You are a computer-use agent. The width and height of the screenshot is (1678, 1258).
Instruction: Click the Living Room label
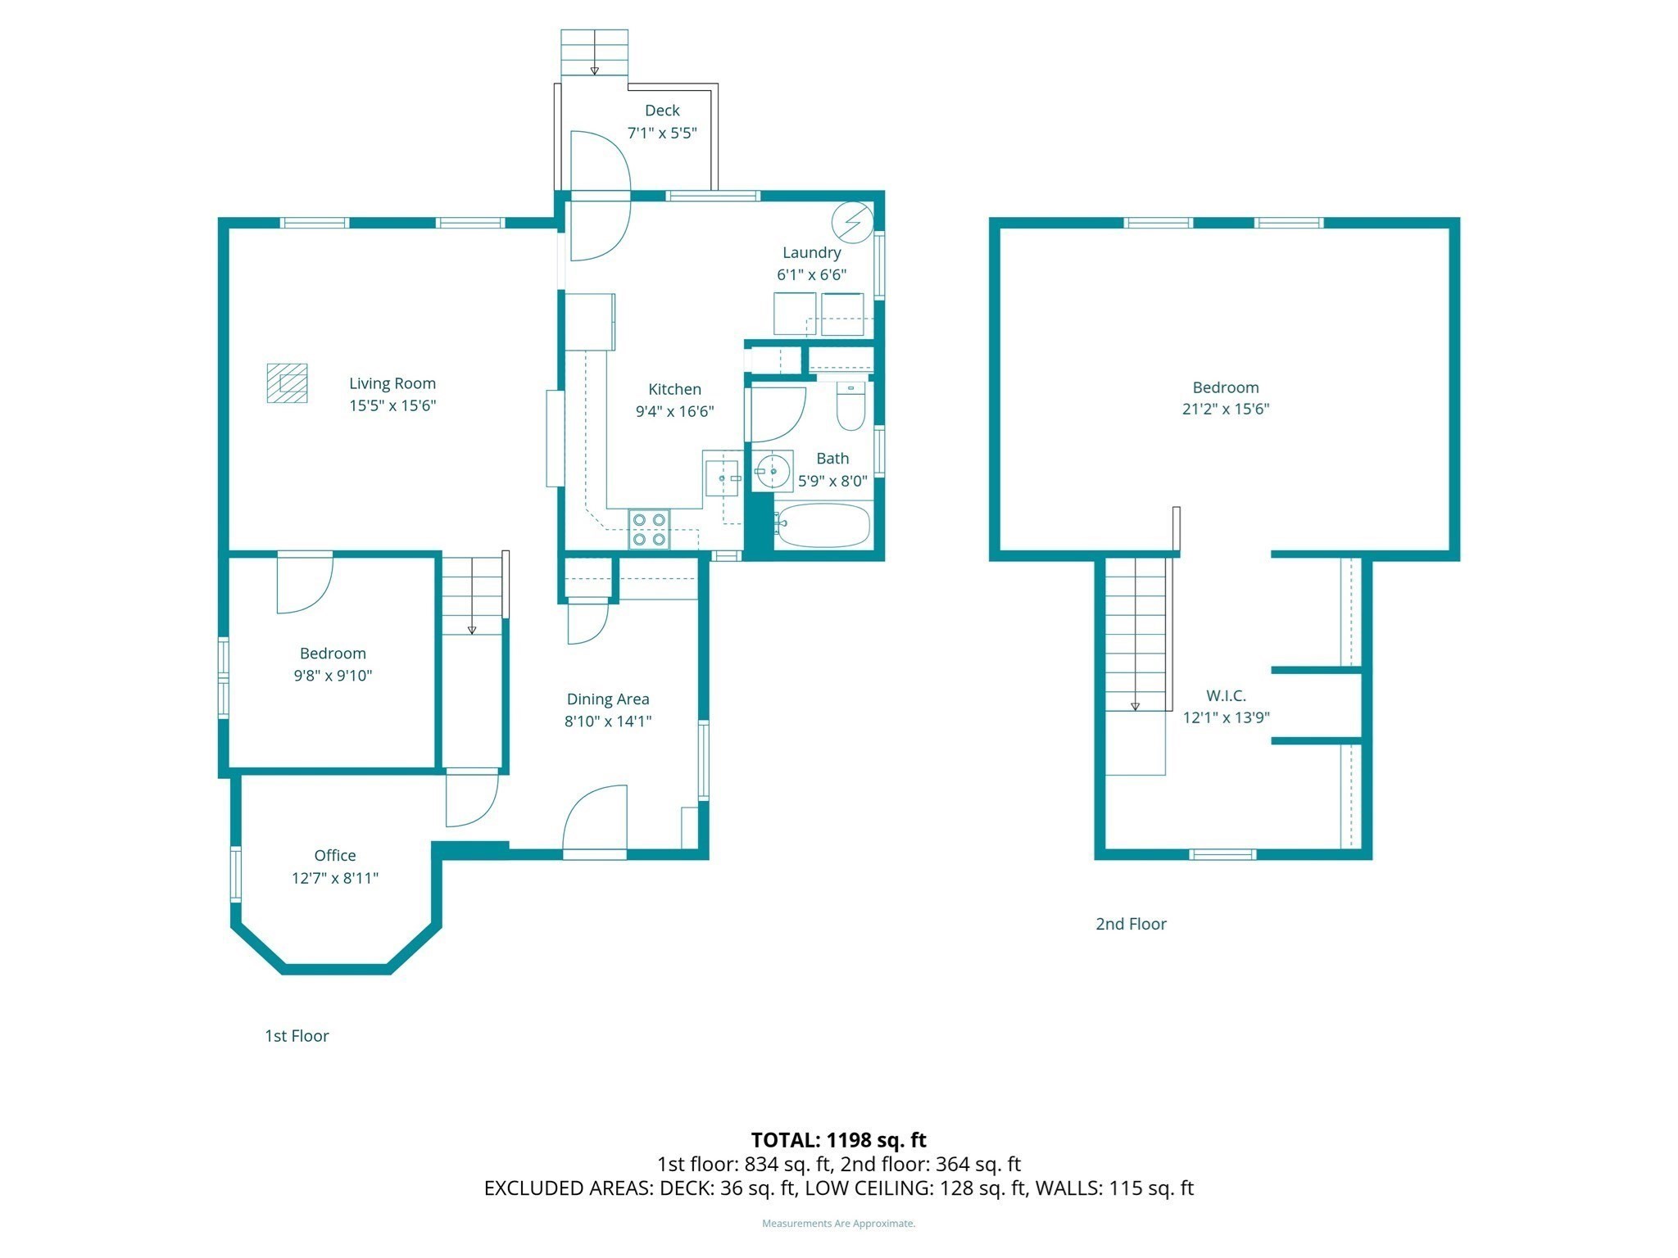click(392, 383)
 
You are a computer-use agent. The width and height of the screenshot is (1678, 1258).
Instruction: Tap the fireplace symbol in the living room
click(288, 383)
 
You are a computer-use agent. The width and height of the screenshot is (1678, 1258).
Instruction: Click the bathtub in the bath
click(822, 526)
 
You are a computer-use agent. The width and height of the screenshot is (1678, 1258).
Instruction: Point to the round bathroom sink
click(773, 472)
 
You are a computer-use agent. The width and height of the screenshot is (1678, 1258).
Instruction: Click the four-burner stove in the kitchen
click(649, 529)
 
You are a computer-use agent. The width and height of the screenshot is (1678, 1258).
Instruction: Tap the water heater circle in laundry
click(852, 222)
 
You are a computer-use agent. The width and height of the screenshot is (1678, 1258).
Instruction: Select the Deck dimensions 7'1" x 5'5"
click(662, 133)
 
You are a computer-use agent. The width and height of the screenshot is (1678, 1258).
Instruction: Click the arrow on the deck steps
click(595, 69)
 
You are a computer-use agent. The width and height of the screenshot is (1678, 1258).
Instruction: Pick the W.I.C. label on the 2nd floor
click(1226, 695)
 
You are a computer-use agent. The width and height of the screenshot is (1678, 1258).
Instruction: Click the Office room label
click(335, 855)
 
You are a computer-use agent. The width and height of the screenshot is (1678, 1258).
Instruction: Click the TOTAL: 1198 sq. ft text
click(838, 1140)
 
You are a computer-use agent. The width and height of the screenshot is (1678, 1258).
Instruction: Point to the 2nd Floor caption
click(1131, 924)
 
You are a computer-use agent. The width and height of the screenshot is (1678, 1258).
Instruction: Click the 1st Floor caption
click(297, 1036)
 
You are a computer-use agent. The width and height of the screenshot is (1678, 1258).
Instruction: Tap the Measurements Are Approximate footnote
click(838, 1224)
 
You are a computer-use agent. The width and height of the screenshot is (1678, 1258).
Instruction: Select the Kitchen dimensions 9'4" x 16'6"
click(674, 411)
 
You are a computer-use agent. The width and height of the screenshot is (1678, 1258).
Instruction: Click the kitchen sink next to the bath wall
click(722, 477)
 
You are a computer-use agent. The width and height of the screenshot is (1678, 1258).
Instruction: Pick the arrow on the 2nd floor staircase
click(1135, 705)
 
